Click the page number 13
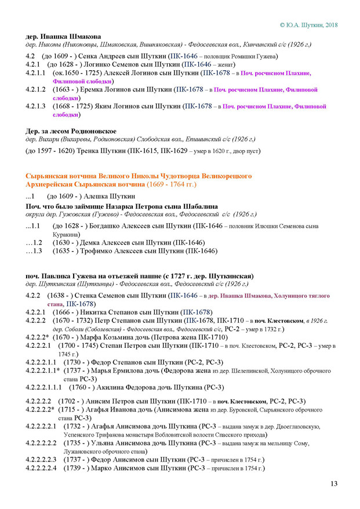(333, 483)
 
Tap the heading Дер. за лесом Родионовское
(71, 131)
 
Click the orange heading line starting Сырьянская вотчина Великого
(139, 175)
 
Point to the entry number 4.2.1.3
(35, 107)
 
